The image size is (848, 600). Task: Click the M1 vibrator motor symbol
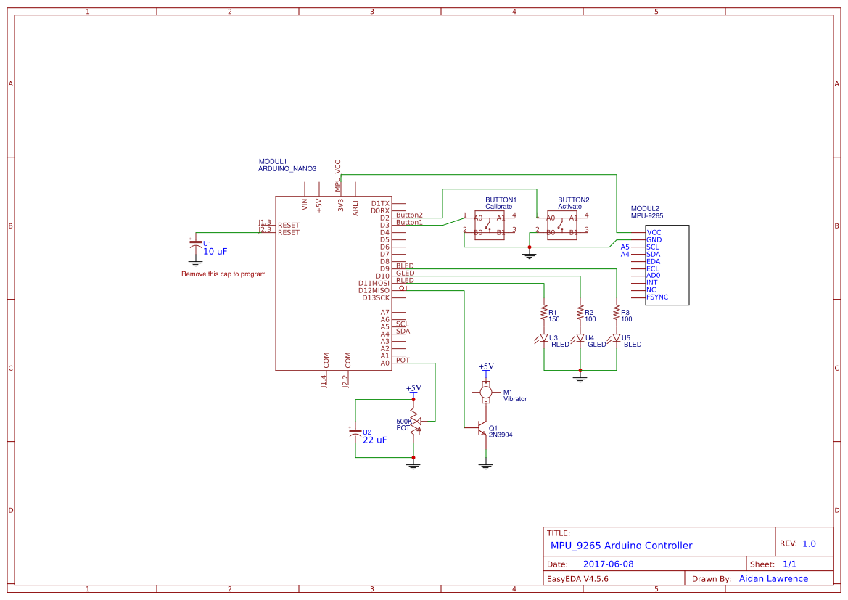486,392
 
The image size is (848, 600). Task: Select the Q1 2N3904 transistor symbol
482,428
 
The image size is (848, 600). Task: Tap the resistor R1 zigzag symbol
543,313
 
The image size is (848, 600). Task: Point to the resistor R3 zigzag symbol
616,313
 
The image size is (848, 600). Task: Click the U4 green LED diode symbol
580,338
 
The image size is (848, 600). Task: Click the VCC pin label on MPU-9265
654,232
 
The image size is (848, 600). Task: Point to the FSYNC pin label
657,297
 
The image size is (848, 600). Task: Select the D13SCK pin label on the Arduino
375,297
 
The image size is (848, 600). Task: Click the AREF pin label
355,207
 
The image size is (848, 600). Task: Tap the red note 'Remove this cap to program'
223,274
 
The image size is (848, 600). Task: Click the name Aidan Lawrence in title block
773,579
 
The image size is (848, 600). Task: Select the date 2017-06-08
608,564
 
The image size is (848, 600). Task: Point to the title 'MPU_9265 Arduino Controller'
621,546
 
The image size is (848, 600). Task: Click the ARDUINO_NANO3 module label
287,168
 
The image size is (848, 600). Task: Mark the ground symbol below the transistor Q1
486,465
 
